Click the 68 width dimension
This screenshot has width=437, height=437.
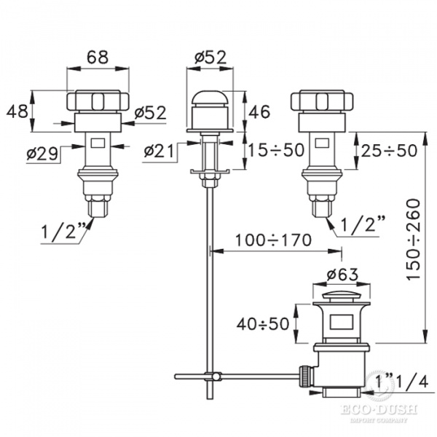tap(98, 57)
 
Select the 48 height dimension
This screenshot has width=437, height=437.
tap(17, 111)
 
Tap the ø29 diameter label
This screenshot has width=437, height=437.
tap(42, 154)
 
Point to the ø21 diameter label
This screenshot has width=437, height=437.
tap(159, 151)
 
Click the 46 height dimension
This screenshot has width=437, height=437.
tap(259, 111)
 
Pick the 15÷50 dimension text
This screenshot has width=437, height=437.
tap(276, 150)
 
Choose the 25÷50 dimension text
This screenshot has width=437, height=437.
tap(389, 151)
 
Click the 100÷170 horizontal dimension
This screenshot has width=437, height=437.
tap(273, 240)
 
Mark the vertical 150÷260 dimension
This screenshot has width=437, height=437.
tap(413, 239)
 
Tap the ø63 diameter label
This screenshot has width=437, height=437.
tap(342, 275)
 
